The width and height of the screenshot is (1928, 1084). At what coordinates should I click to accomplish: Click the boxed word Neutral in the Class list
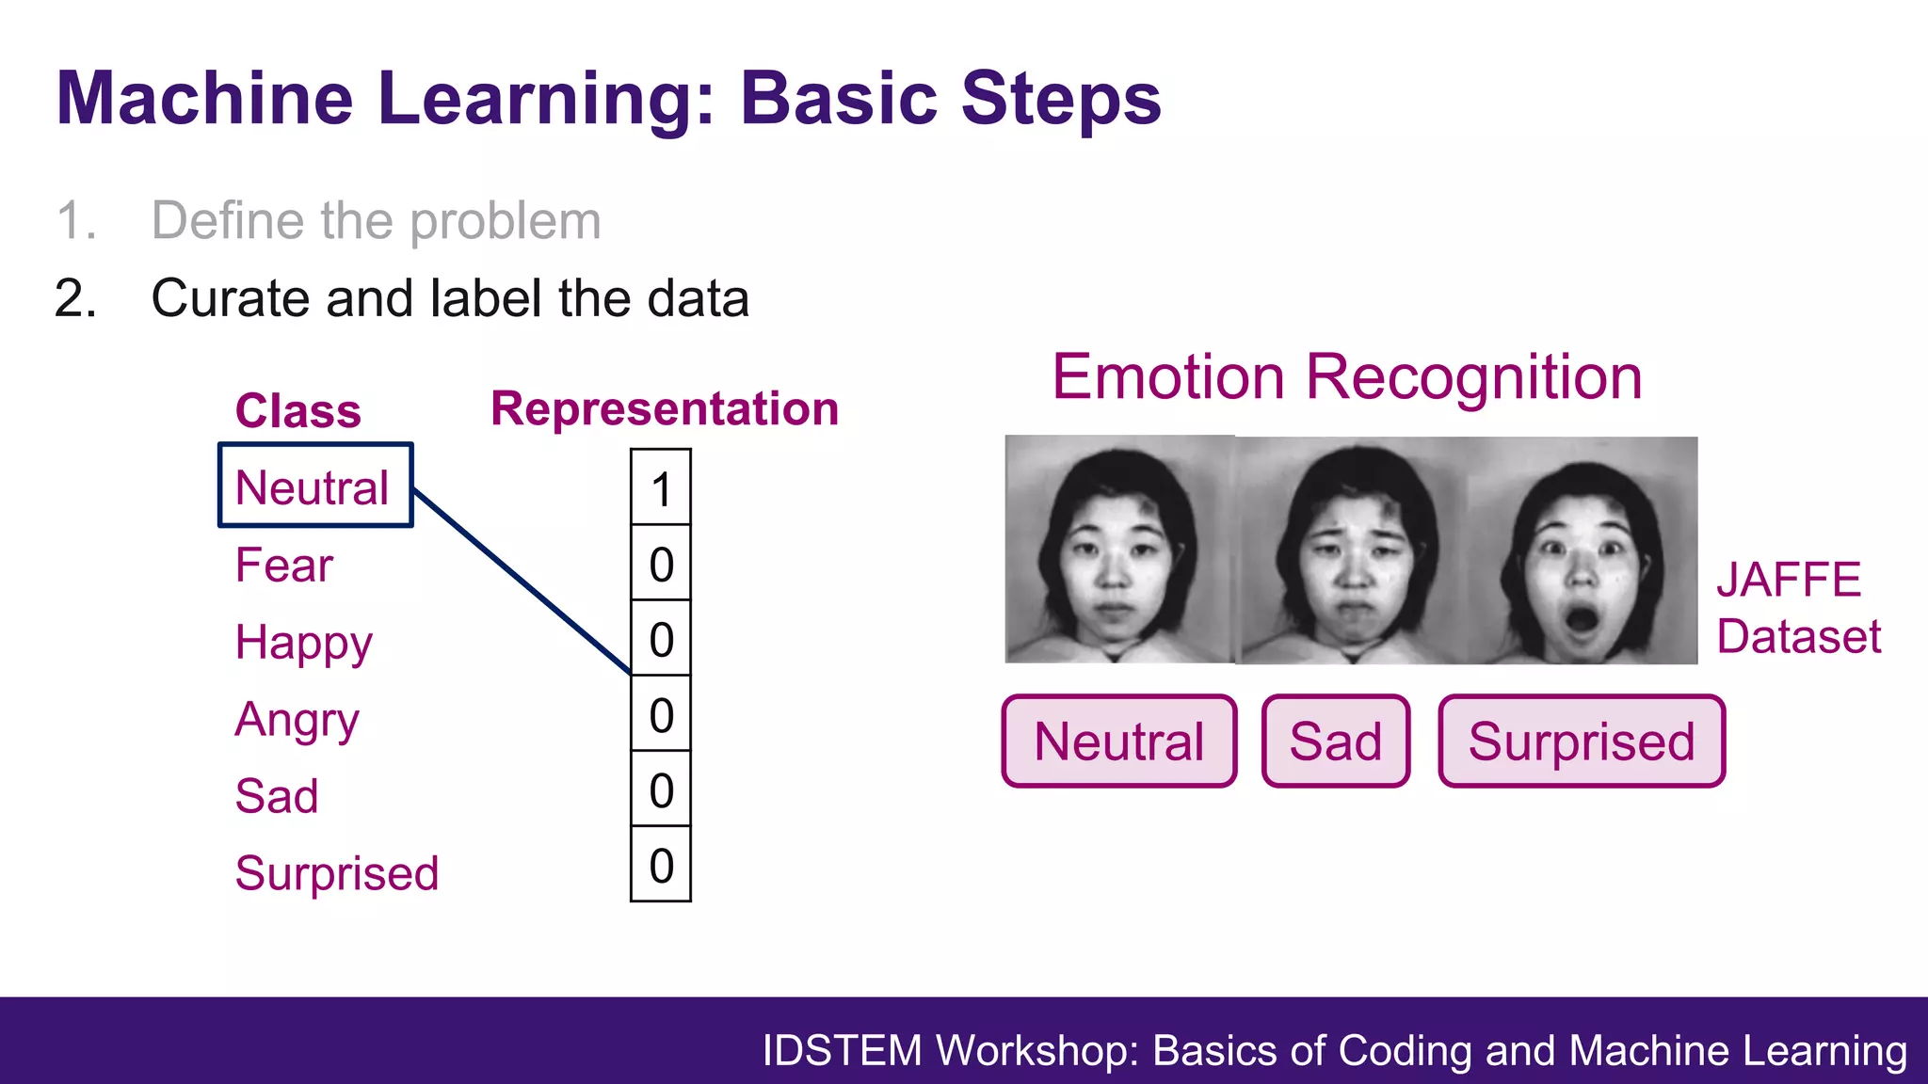[x=313, y=487]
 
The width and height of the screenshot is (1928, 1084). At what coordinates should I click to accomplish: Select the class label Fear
[x=283, y=566]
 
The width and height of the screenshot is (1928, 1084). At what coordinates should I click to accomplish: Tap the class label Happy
[x=303, y=644]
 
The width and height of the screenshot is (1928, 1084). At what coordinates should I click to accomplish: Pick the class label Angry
[x=297, y=721]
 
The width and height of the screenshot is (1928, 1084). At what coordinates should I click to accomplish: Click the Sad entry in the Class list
[x=277, y=796]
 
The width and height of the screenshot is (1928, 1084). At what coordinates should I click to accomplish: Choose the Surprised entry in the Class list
[x=337, y=873]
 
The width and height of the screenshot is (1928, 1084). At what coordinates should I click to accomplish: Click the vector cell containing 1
[x=661, y=488]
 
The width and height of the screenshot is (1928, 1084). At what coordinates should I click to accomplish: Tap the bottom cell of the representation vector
[x=661, y=865]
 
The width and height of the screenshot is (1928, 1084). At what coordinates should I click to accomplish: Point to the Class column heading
[x=297, y=411]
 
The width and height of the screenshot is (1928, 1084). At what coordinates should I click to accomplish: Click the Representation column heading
[x=665, y=409]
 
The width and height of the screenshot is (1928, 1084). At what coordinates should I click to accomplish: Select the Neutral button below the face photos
[x=1118, y=741]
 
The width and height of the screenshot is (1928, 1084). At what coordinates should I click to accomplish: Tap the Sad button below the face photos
[x=1335, y=741]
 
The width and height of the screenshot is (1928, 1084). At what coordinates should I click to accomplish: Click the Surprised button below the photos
[x=1582, y=741]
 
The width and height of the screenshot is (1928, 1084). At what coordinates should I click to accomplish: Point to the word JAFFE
[x=1788, y=580]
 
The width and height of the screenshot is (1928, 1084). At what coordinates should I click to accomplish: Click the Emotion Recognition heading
[x=1347, y=376]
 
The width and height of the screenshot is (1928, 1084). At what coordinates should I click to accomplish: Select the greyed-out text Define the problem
[x=376, y=221]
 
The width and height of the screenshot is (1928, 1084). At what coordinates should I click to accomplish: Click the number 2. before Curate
[x=75, y=299]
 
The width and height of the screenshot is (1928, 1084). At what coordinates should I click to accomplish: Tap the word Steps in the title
[x=1061, y=98]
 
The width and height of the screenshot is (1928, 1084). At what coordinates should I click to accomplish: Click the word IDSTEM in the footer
[x=842, y=1051]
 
